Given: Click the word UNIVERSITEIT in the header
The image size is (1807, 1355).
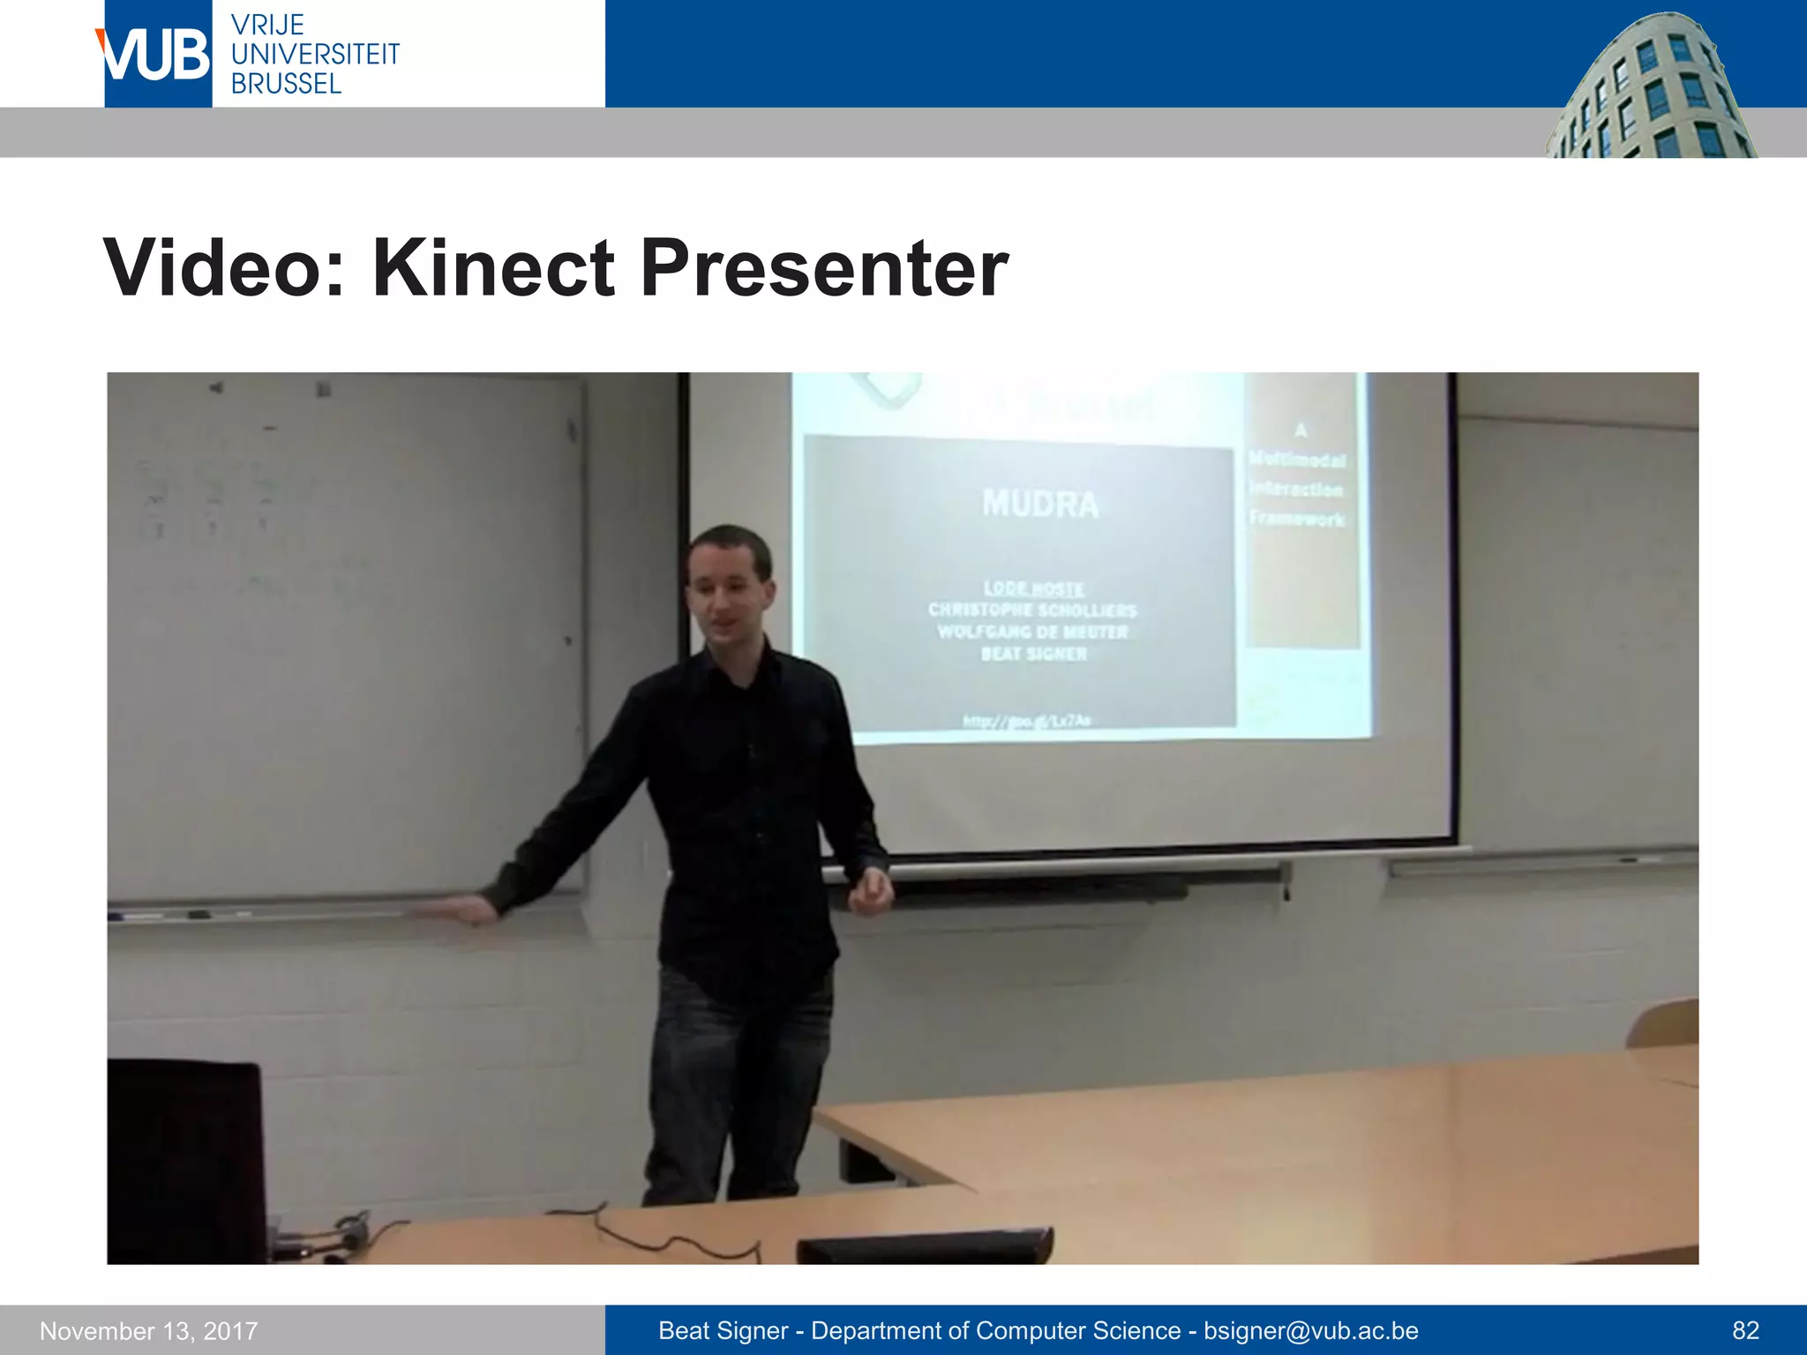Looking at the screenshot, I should pos(315,55).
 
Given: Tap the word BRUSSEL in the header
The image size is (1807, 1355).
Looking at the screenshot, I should pos(286,84).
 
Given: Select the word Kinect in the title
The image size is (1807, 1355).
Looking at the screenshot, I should pos(492,267).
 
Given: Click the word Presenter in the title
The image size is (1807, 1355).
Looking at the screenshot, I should pos(824,267).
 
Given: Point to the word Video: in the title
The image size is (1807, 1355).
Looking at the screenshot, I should pos(226,267).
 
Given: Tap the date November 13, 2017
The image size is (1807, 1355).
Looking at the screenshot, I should pos(149,1330).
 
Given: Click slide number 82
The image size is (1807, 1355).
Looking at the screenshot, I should pos(1745,1330).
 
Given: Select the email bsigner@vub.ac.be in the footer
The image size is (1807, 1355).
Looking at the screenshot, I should pos(1311,1330).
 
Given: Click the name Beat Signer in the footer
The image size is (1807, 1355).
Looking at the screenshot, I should pos(724,1330).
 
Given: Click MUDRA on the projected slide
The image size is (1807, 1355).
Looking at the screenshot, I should pos(1040,505).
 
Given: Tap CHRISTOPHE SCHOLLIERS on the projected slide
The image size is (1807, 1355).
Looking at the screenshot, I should pos(1032,610).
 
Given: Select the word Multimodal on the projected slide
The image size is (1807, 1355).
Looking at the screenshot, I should pos(1297,460).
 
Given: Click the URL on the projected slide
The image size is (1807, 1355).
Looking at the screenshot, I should pos(1026,722).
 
